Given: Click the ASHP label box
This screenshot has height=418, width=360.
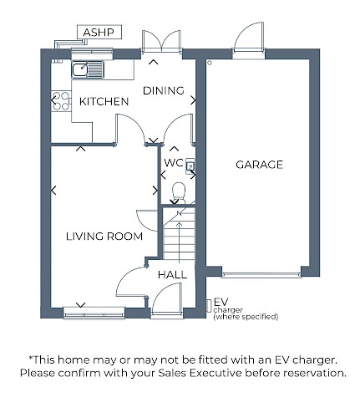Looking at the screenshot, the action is [x=99, y=33].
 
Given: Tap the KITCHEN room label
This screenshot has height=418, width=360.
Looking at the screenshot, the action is [x=104, y=102].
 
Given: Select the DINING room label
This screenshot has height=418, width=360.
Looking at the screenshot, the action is [x=164, y=90].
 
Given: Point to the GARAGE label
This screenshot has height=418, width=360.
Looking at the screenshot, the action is [x=259, y=165].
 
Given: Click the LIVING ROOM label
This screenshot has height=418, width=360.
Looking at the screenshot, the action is [x=104, y=237].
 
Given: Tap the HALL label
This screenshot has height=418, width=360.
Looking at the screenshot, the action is [x=172, y=275].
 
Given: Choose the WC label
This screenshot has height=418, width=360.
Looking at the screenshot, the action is [x=174, y=163].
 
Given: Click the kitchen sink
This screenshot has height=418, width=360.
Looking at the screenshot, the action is [x=88, y=69].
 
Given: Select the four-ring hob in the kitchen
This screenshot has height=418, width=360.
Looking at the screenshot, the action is [x=61, y=100].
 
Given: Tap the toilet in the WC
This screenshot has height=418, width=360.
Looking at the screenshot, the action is [x=179, y=192].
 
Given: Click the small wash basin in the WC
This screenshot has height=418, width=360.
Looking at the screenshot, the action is [x=190, y=166].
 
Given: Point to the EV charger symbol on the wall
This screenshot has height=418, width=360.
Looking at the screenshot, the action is [x=209, y=306].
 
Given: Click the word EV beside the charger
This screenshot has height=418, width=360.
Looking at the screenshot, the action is [x=221, y=302].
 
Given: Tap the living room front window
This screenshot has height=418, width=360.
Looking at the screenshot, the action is [x=94, y=313].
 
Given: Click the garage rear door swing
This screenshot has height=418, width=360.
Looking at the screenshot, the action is [x=249, y=37].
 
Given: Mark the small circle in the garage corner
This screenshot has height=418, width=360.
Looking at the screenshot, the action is [x=210, y=63].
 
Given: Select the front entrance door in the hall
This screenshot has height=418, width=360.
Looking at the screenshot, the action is [x=166, y=299].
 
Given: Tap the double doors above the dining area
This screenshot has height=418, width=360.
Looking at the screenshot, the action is [x=161, y=42].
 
